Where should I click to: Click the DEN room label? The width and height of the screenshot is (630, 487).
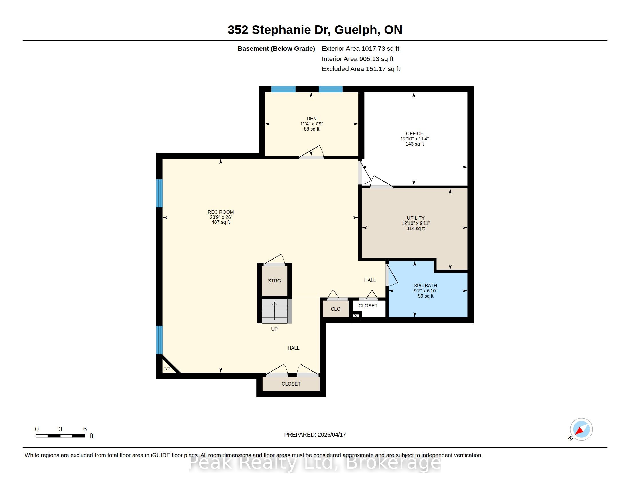point(312,119)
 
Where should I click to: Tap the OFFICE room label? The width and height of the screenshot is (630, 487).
point(415,133)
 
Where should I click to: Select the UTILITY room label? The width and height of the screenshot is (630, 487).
point(416,218)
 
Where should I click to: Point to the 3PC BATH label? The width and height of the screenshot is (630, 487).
point(426,286)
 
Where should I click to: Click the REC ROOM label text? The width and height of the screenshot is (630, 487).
point(221,212)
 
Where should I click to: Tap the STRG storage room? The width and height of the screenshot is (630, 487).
point(274,281)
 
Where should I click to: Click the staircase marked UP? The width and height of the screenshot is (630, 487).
point(274,311)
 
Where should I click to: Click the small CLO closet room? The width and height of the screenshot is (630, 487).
point(336,309)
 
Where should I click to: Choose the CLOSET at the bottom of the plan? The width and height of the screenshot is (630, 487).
point(291,384)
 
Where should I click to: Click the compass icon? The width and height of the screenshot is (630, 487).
point(581,429)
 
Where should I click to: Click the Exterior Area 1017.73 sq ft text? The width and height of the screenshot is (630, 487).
point(361,49)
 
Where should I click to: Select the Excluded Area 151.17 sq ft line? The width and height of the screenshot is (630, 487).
point(361,69)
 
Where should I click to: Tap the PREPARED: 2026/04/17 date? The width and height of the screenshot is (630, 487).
point(315,435)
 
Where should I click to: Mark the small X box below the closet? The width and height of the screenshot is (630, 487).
point(356,316)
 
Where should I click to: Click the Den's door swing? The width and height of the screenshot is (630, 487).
point(312,152)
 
